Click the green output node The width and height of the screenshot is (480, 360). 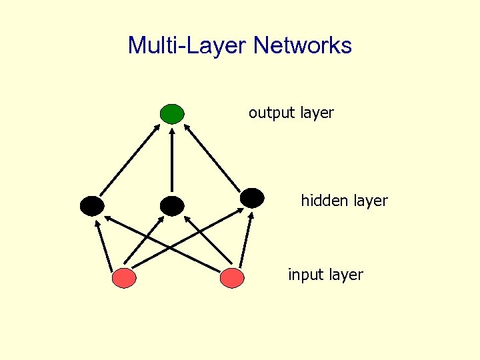(x=172, y=114)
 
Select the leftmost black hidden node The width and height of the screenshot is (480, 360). (x=92, y=206)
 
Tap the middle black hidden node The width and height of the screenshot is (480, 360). (x=171, y=206)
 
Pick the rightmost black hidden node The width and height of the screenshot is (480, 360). (x=252, y=197)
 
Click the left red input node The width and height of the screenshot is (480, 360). (x=124, y=278)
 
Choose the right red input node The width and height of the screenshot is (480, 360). (x=231, y=278)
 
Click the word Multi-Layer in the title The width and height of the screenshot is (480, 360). (x=187, y=45)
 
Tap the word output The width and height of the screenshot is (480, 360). (x=272, y=113)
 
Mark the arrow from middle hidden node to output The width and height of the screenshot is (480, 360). (x=171, y=160)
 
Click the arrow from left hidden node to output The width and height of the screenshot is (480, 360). (x=131, y=160)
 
